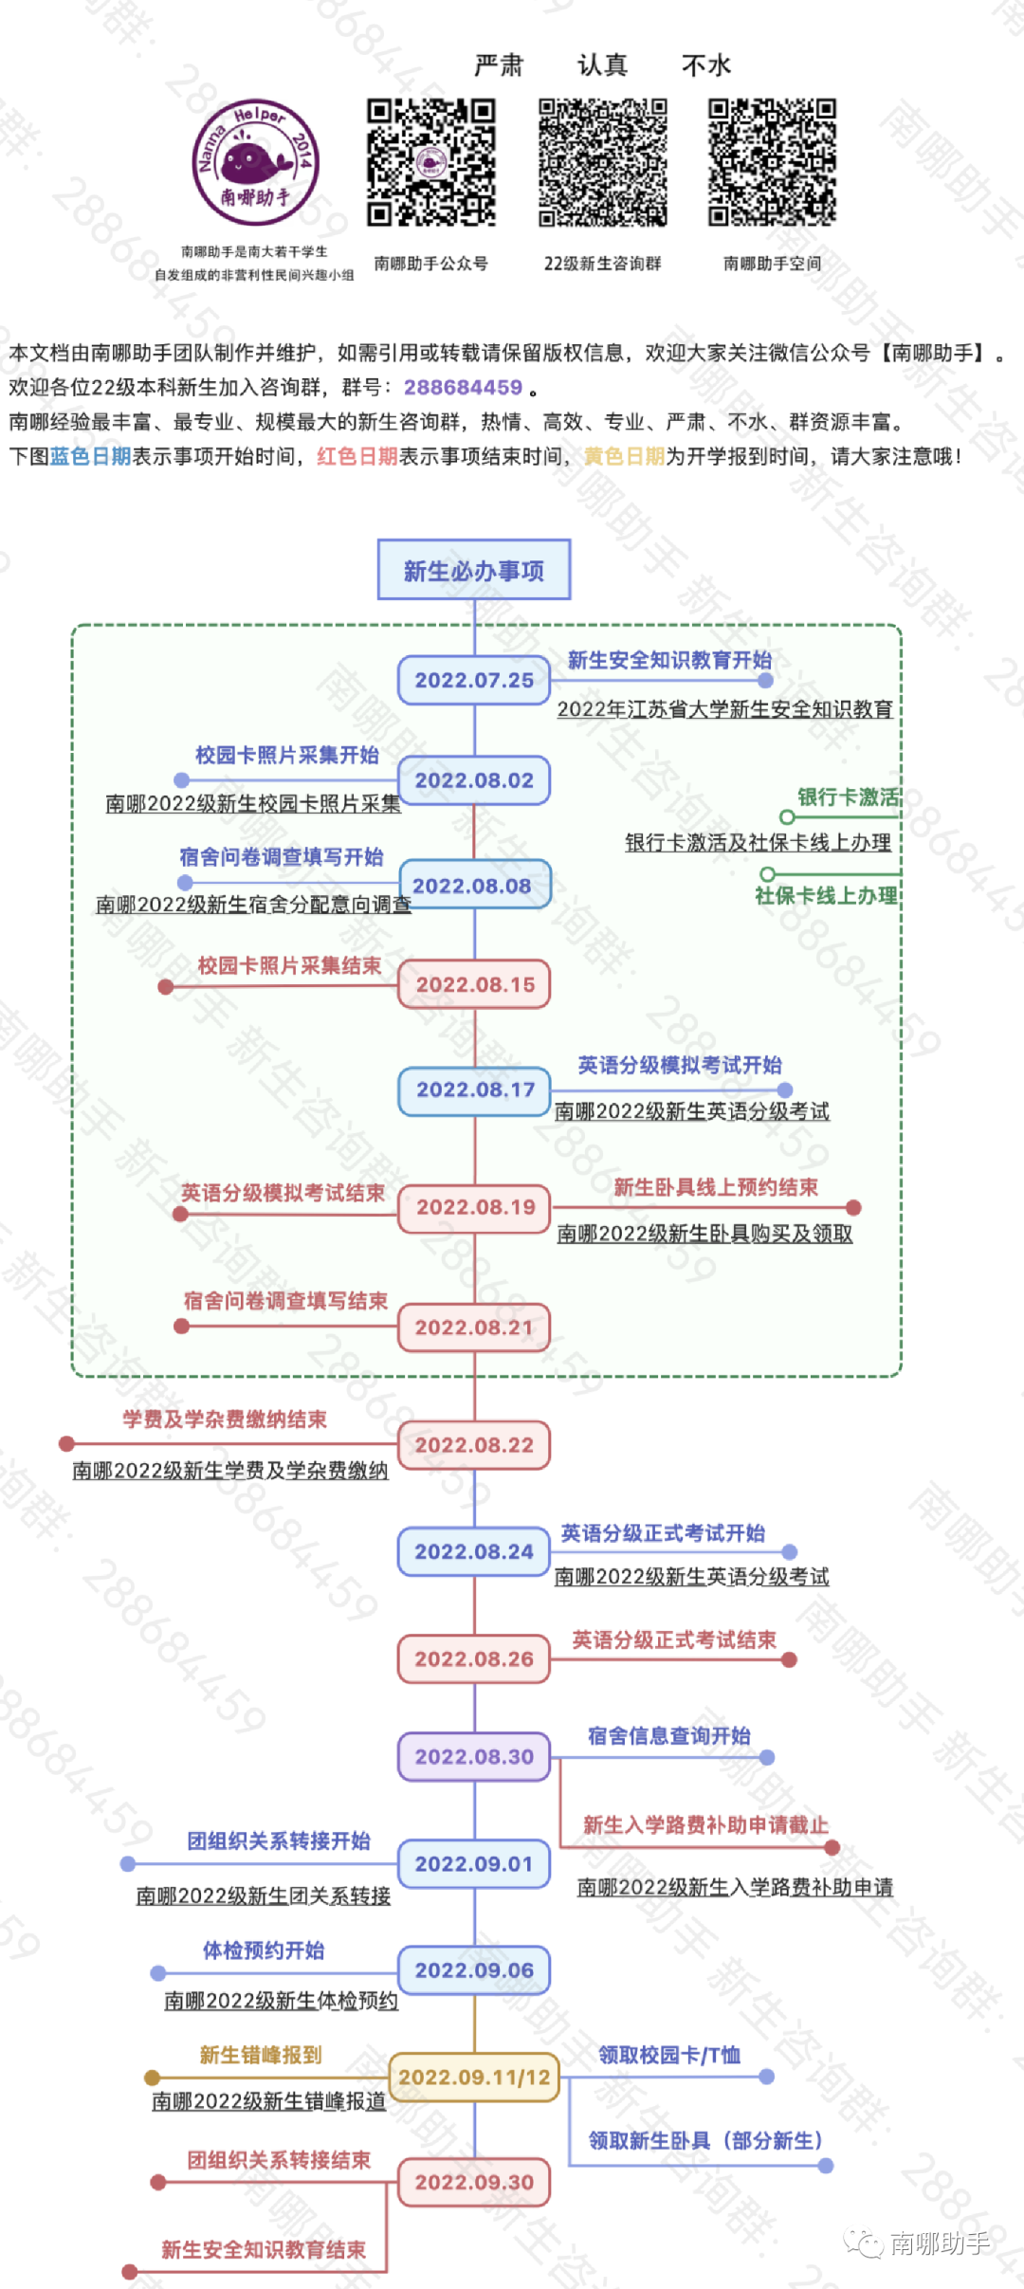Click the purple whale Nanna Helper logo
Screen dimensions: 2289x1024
click(255, 162)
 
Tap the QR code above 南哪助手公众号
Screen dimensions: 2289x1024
click(431, 162)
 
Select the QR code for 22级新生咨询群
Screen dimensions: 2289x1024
click(602, 162)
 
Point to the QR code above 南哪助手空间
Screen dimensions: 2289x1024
click(772, 162)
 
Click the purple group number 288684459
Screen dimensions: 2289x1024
click(463, 387)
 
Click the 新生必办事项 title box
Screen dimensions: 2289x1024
click(474, 570)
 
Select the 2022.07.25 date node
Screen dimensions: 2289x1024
click(474, 680)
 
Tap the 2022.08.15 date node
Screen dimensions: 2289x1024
click(474, 984)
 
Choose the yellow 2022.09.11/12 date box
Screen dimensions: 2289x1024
click(474, 2077)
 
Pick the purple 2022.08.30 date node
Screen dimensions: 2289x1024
click(474, 1756)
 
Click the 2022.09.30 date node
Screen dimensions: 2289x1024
click(474, 2182)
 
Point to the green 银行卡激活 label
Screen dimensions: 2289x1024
click(848, 797)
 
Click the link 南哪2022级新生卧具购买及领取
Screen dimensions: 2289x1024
click(704, 1233)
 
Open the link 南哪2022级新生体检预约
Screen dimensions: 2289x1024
click(281, 2000)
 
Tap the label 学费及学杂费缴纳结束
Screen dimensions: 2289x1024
click(225, 1419)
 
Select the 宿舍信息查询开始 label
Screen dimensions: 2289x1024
click(668, 1735)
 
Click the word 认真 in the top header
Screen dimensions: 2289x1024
click(602, 65)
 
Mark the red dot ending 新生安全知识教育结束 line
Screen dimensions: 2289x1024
click(130, 2272)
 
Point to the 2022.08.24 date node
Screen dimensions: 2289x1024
click(474, 1551)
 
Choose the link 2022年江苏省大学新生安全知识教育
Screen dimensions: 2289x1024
click(724, 708)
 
